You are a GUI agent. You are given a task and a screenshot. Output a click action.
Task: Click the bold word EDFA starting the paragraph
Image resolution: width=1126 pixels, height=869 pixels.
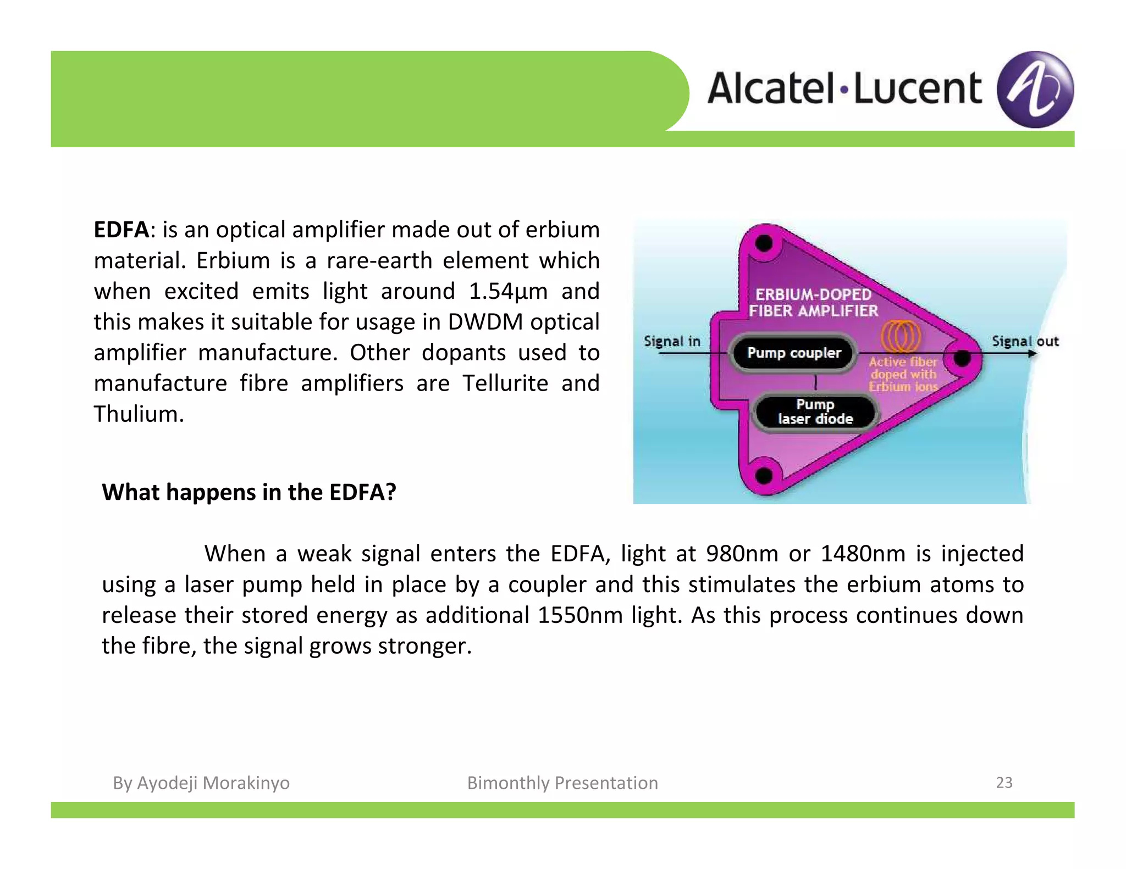(x=121, y=230)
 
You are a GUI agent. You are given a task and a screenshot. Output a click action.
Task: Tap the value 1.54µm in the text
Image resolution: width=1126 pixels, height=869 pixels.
(x=508, y=291)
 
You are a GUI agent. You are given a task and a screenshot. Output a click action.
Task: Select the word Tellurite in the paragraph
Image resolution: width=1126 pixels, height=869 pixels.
(x=505, y=383)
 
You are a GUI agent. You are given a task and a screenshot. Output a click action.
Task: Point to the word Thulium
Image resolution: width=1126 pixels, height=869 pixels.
(x=139, y=414)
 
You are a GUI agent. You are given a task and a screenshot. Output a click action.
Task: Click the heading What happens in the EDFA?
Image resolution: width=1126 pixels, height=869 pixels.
(x=249, y=492)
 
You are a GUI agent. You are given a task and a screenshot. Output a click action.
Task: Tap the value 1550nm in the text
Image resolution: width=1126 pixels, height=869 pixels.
(x=579, y=615)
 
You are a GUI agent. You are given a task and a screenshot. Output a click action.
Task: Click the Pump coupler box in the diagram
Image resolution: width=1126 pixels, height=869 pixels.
(x=793, y=353)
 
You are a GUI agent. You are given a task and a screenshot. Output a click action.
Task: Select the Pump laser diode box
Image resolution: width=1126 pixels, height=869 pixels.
(x=815, y=412)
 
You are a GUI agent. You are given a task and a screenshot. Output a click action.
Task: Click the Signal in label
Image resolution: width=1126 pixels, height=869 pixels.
(x=672, y=341)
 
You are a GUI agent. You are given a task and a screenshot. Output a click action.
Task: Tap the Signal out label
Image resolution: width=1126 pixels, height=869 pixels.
(x=1025, y=341)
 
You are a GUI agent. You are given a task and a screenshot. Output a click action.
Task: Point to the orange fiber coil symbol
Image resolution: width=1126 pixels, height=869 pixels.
(x=901, y=336)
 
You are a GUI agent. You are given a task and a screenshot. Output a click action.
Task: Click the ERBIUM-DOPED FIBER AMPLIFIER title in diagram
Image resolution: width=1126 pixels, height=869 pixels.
(x=813, y=303)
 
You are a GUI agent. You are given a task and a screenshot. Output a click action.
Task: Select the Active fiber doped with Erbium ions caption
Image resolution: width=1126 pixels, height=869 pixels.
(x=903, y=374)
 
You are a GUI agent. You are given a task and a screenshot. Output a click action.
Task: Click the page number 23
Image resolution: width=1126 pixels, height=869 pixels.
(x=1004, y=782)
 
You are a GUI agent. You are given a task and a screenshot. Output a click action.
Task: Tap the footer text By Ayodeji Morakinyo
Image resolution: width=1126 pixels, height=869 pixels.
(x=201, y=783)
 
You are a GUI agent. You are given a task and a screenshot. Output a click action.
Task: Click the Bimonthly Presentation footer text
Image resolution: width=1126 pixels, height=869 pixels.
(x=562, y=783)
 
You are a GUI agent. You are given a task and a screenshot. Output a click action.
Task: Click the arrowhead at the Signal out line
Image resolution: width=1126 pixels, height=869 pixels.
(x=1032, y=354)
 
